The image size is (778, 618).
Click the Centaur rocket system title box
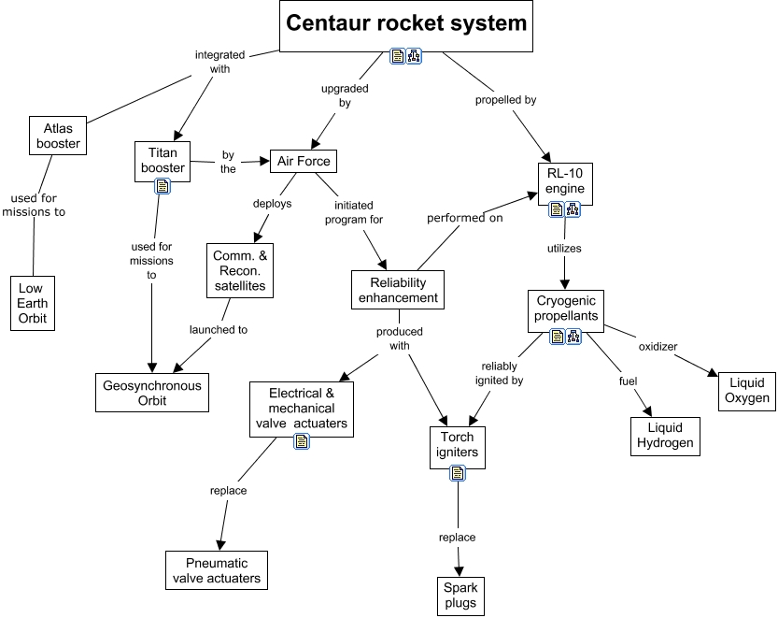(406, 23)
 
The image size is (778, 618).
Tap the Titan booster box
(163, 160)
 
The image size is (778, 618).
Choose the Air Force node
(301, 161)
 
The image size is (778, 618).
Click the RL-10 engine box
(566, 180)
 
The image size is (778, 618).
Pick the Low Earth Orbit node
(32, 303)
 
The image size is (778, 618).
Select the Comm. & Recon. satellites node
(240, 270)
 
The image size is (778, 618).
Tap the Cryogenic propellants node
(567, 309)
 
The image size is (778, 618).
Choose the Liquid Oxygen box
(745, 390)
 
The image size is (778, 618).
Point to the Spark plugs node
(460, 595)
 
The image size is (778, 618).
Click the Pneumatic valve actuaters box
(217, 570)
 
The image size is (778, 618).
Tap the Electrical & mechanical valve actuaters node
(302, 408)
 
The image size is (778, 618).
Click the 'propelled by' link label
(504, 99)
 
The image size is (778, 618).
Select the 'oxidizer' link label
(658, 347)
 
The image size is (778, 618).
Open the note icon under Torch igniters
(458, 473)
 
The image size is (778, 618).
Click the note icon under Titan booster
(163, 186)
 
